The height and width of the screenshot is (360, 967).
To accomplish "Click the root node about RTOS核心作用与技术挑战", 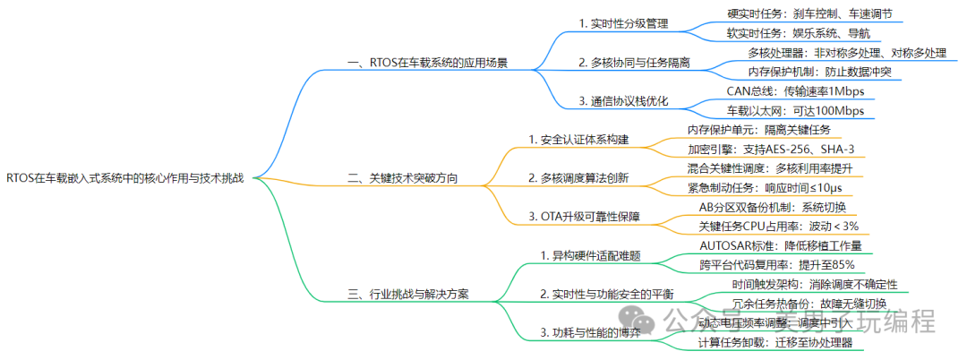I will pyautogui.click(x=124, y=178).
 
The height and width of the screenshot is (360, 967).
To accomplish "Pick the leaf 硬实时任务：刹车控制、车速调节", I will pyautogui.click(x=809, y=14).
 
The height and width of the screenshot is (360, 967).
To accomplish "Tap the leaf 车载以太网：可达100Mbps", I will pyautogui.click(x=795, y=111).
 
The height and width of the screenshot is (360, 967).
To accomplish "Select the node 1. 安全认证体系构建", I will pyautogui.click(x=578, y=140).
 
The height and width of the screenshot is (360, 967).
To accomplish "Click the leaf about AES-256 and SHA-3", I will pyautogui.click(x=769, y=149).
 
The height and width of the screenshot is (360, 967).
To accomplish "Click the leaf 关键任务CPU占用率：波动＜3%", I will pyautogui.click(x=777, y=226).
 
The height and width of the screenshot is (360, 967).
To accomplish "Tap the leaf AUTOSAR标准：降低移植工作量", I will pyautogui.click(x=780, y=245).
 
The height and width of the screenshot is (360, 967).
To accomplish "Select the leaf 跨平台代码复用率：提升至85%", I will pyautogui.click(x=776, y=264).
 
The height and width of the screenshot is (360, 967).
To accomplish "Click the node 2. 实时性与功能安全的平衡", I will pyautogui.click(x=606, y=293).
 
